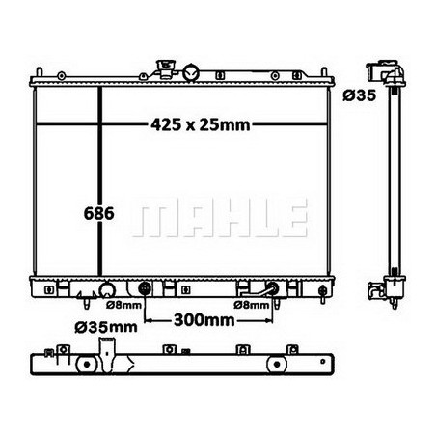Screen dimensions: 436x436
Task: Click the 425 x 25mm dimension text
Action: pos(200,123)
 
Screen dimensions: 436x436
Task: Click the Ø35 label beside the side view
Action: pos(358,95)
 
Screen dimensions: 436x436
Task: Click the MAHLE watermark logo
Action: pos(220,219)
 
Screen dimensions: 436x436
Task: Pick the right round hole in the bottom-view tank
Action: pos(274,363)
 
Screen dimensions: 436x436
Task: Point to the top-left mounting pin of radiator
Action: pos(38,71)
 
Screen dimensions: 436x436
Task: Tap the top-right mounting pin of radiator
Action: pos(330,71)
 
